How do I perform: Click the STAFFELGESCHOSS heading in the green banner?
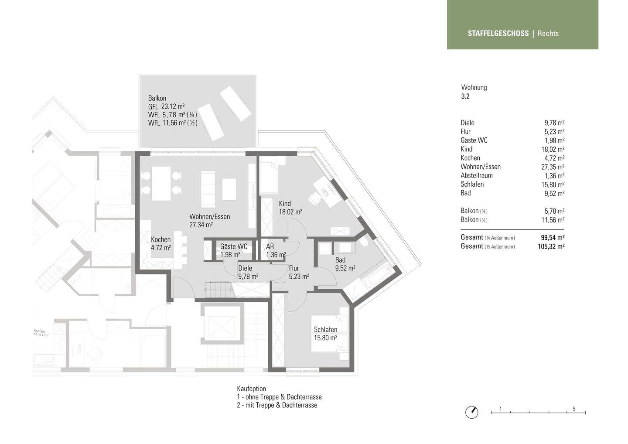click(x=498, y=33)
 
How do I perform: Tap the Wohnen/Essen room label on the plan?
click(x=209, y=217)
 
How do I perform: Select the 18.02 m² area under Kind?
click(x=290, y=212)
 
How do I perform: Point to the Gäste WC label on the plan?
click(x=233, y=247)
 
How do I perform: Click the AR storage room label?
click(x=270, y=247)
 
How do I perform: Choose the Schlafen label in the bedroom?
click(x=325, y=330)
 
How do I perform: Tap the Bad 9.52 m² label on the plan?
click(x=345, y=264)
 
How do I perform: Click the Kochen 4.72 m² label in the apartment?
click(x=160, y=243)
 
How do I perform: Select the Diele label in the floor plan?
click(x=245, y=269)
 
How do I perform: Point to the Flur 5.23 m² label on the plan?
click(x=299, y=272)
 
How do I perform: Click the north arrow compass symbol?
click(x=471, y=412)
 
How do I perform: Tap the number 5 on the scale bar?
click(x=574, y=409)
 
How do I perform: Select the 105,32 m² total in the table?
click(x=551, y=246)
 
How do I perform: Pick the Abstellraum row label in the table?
click(x=476, y=175)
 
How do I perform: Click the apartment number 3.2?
click(x=465, y=96)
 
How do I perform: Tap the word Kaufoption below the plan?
click(x=251, y=389)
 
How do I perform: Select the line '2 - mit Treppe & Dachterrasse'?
click(x=277, y=405)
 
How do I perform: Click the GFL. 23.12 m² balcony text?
click(x=166, y=106)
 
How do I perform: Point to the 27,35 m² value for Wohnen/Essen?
click(x=553, y=167)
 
